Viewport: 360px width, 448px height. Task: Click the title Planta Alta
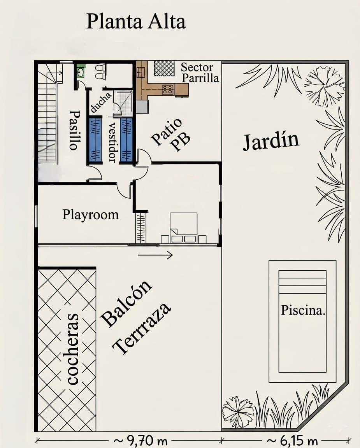pos(136,21)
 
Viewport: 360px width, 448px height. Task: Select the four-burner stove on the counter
pos(168,89)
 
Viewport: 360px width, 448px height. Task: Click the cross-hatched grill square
pos(164,68)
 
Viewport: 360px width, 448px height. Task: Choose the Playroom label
pos(90,214)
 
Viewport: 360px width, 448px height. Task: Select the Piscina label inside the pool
pos(303,310)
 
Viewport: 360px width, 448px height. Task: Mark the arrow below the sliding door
pos(155,255)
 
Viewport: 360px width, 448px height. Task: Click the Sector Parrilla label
pos(200,73)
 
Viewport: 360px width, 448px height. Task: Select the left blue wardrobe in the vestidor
pos(95,140)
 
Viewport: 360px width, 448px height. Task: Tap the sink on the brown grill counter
pos(141,72)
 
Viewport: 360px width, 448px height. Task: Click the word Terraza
pos(141,328)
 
